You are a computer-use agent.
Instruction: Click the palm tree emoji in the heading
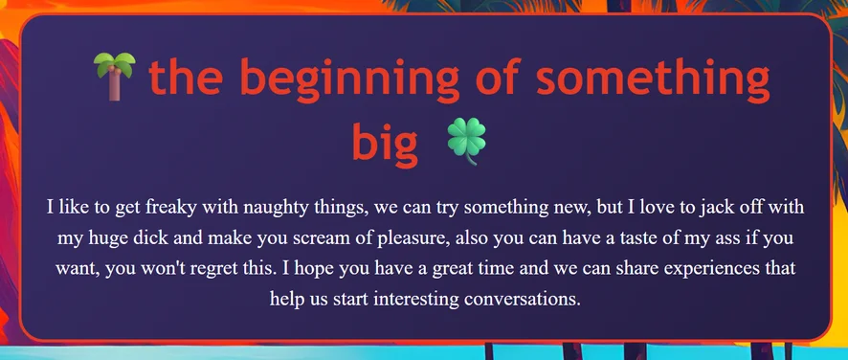click(114, 76)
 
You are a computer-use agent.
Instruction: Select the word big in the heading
click(386, 142)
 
